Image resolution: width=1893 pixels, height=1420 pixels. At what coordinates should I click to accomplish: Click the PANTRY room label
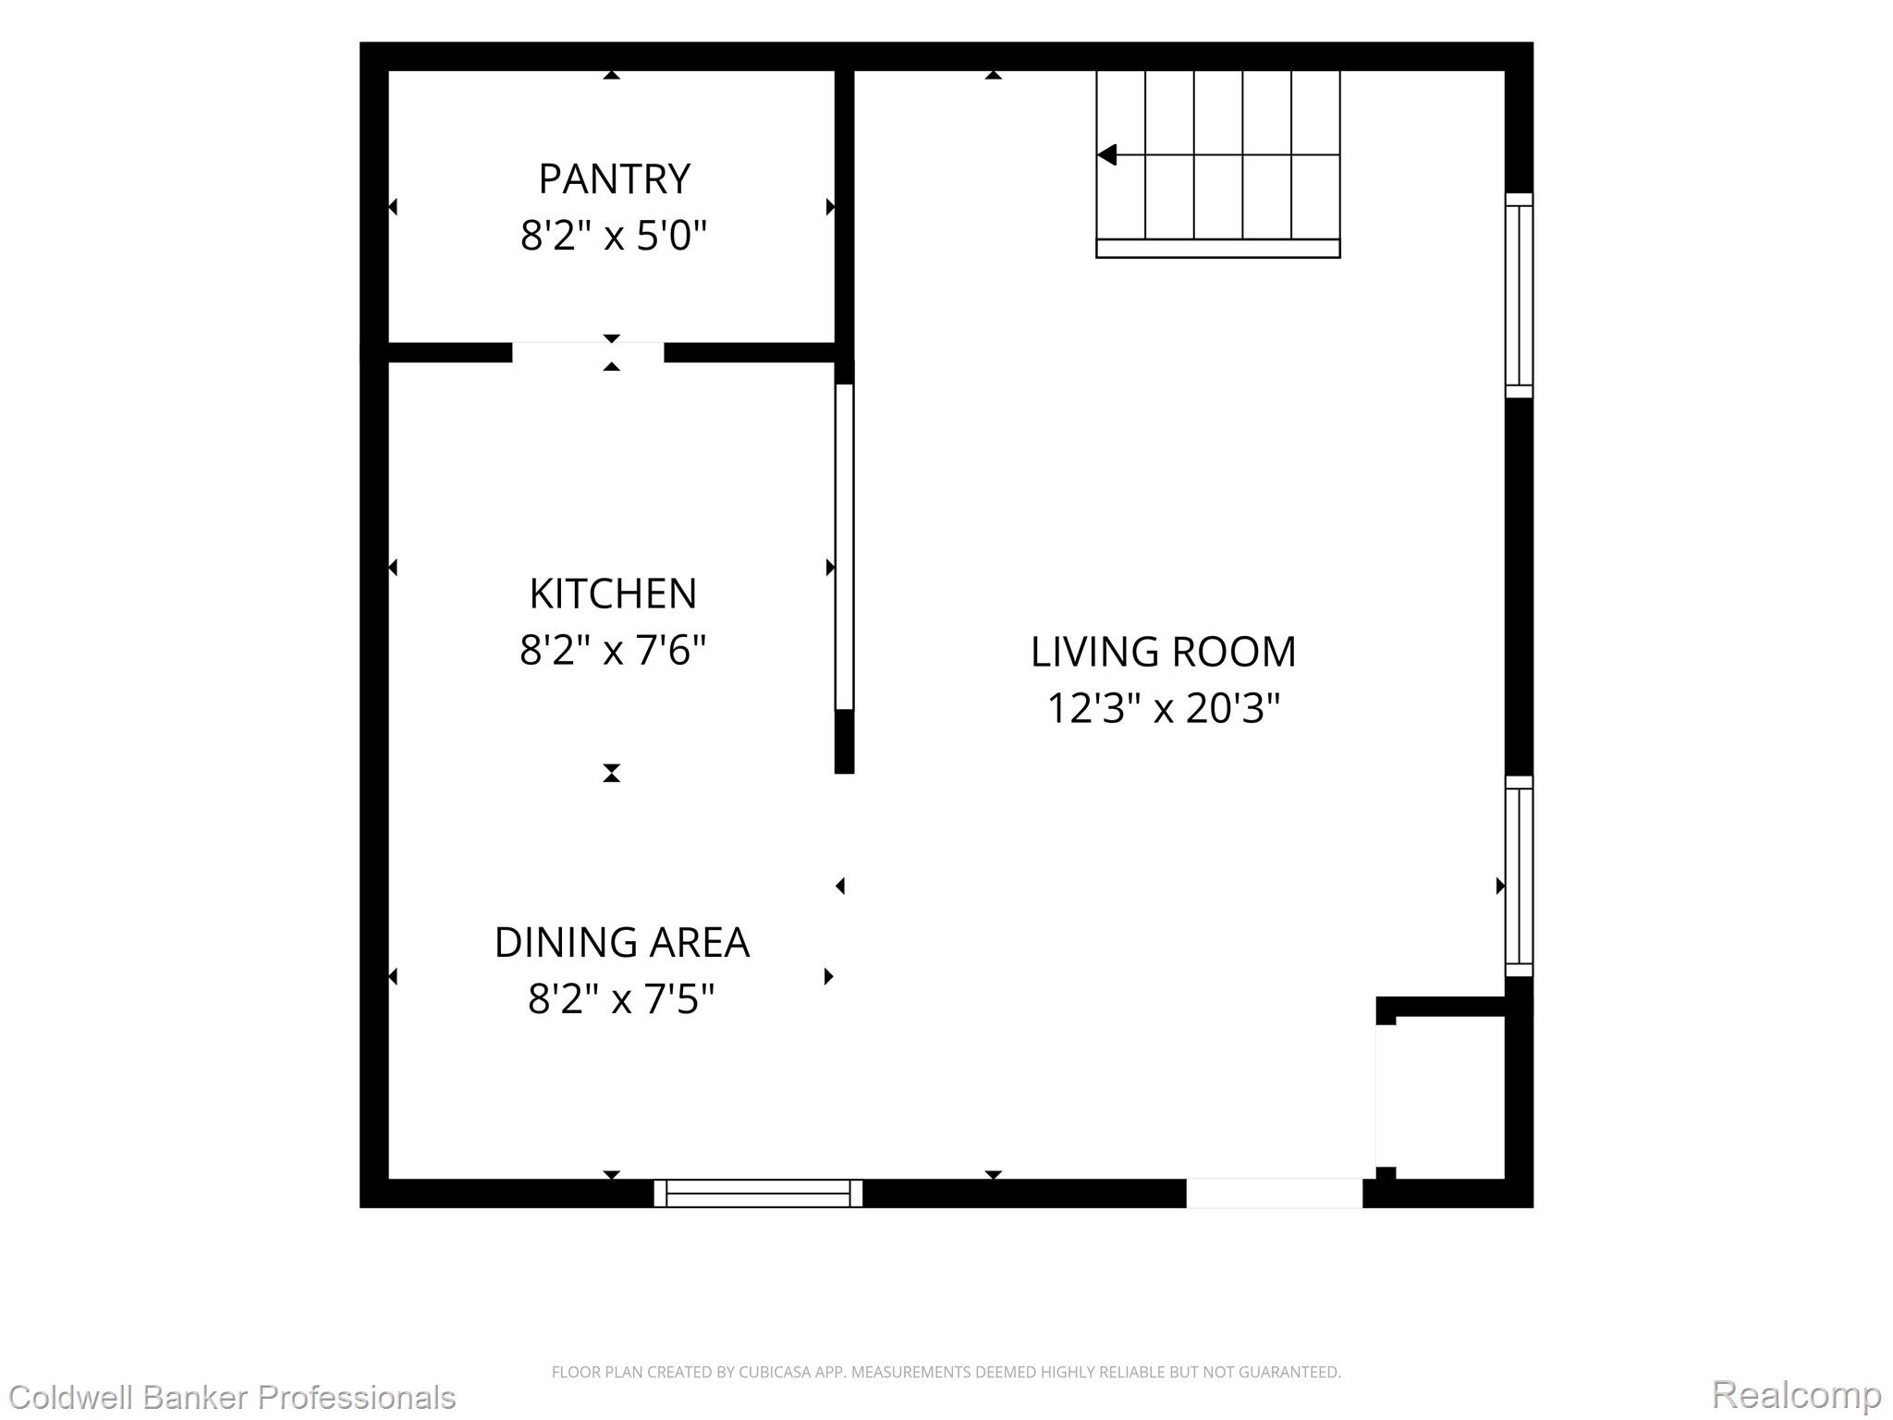click(614, 179)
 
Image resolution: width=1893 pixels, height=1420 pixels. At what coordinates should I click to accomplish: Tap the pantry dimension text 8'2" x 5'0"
click(614, 236)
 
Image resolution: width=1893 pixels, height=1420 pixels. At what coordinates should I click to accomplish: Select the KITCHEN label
click(613, 594)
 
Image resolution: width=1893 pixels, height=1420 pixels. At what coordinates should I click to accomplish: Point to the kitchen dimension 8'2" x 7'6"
click(613, 650)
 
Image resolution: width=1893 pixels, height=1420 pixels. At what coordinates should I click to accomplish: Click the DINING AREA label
click(622, 942)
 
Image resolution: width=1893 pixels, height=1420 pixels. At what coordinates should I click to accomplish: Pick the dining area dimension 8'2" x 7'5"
click(621, 999)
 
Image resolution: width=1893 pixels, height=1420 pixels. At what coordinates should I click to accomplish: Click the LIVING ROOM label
click(1164, 652)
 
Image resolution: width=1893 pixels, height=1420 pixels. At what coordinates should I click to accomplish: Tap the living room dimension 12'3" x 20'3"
click(1164, 709)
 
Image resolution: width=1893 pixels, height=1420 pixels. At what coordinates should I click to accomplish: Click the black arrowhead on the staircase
click(1107, 155)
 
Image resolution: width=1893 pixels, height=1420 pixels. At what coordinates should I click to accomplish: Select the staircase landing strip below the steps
click(1218, 249)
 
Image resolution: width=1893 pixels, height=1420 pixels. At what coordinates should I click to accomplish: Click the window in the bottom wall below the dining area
click(758, 1194)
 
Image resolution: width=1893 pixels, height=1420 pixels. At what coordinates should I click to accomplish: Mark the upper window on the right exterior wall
click(1519, 296)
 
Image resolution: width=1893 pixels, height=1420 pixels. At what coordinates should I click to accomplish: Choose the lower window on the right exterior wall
click(1519, 876)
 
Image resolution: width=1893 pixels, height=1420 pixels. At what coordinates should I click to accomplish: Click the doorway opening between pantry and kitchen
click(588, 352)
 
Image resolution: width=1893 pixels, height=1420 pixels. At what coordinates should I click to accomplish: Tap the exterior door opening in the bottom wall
click(1275, 1194)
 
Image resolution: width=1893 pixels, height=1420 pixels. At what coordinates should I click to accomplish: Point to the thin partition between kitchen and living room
click(844, 546)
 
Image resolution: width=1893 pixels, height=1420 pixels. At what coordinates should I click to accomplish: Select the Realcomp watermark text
click(1796, 1394)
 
